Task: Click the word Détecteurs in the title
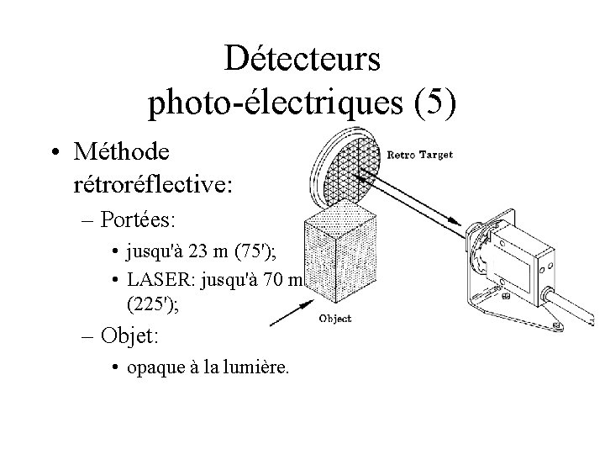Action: click(x=302, y=60)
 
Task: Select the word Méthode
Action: click(x=121, y=152)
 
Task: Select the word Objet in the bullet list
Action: click(x=129, y=337)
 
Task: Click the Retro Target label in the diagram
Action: click(x=420, y=155)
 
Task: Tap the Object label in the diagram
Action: click(x=337, y=319)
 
